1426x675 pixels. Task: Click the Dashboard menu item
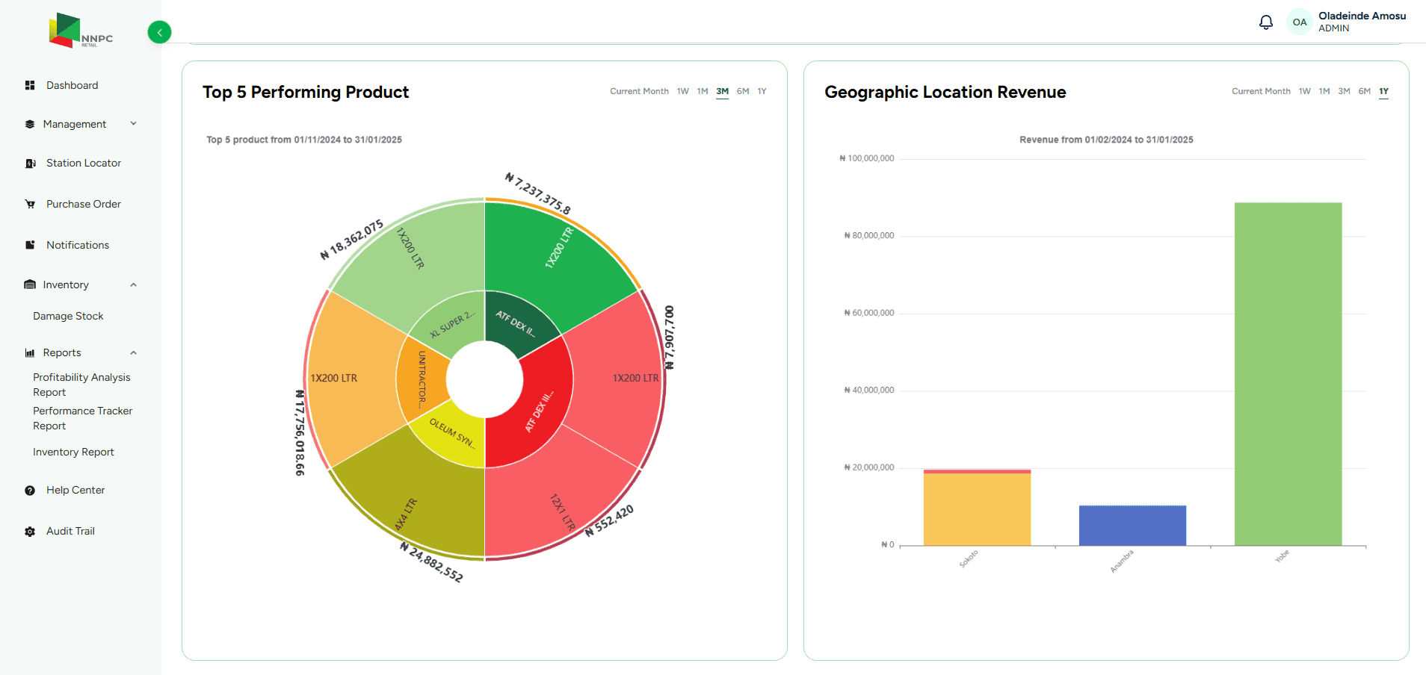(72, 85)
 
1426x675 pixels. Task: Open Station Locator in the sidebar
(83, 163)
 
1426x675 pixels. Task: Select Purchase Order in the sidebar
(83, 204)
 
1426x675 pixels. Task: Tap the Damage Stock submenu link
(68, 316)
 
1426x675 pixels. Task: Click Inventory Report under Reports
(73, 452)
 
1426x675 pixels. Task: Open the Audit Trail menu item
(70, 531)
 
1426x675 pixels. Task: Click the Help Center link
(75, 490)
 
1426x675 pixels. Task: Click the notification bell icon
(1265, 22)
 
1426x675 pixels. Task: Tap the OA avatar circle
(1300, 22)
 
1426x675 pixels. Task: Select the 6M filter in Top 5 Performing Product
(742, 91)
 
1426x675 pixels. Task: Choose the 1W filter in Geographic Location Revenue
(1304, 91)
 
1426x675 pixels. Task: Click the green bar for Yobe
(1287, 373)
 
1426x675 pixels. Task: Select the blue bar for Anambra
(1132, 526)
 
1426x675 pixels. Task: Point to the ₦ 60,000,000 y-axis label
(868, 313)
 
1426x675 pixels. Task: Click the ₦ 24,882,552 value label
(431, 562)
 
